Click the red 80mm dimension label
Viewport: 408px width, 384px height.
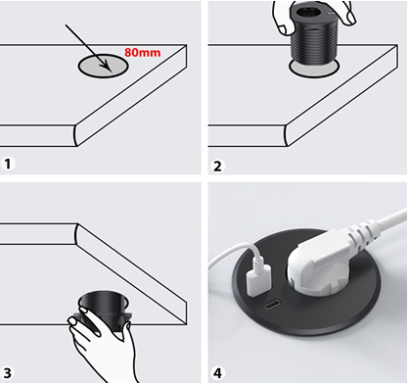point(142,52)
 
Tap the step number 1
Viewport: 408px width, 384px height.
point(8,164)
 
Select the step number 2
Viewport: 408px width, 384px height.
point(217,166)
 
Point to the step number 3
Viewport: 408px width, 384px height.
point(7,372)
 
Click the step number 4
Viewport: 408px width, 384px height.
point(217,372)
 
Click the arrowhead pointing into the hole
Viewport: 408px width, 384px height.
point(107,67)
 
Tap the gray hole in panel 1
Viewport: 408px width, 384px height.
point(103,66)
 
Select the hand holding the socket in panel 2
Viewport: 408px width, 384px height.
point(312,17)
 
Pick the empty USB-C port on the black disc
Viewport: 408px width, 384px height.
point(272,306)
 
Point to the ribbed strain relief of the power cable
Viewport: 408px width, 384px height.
point(364,232)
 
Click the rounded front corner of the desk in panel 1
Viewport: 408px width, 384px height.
point(76,135)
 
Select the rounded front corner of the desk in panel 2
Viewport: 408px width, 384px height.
point(287,135)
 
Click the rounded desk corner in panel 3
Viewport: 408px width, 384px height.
point(76,233)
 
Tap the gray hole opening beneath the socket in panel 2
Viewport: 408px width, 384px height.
point(314,70)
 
